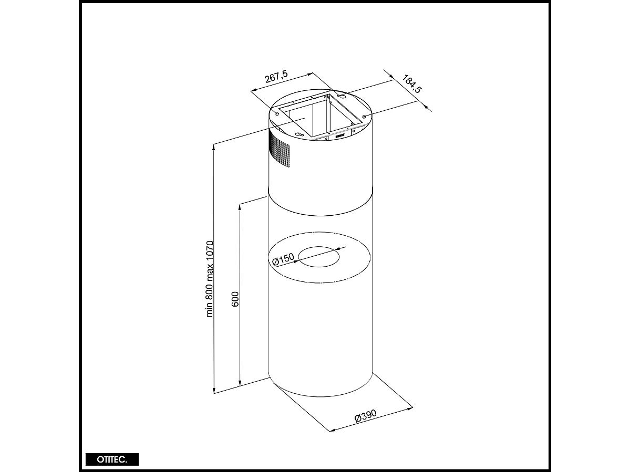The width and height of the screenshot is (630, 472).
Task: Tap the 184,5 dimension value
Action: (x=412, y=85)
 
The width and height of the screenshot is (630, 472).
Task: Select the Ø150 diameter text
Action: (x=284, y=259)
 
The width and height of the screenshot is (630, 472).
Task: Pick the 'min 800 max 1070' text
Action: (x=210, y=279)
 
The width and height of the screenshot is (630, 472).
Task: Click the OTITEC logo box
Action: (x=112, y=459)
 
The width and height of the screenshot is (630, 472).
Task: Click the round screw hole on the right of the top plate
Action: (x=364, y=116)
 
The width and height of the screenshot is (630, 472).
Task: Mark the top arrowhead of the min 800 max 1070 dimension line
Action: (x=214, y=146)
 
